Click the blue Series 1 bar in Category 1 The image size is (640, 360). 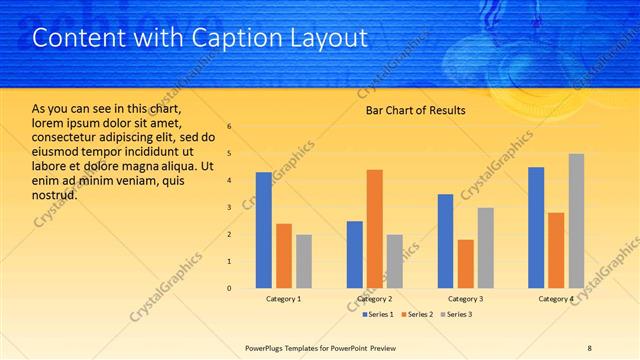coord(263,230)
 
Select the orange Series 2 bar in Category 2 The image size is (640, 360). coord(375,229)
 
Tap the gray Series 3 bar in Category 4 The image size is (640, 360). coord(576,221)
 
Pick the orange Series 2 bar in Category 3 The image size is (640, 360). coord(466,264)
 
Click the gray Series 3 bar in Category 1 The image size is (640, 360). coord(303,261)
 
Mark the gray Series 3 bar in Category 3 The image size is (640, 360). coord(486,248)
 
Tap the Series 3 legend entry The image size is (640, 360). coord(456,315)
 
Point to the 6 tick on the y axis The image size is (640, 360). coord(229,127)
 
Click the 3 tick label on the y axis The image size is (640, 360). coord(229,208)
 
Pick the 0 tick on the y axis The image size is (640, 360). coord(229,289)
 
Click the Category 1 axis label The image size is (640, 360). coord(283,299)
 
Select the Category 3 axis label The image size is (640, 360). coord(465,299)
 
